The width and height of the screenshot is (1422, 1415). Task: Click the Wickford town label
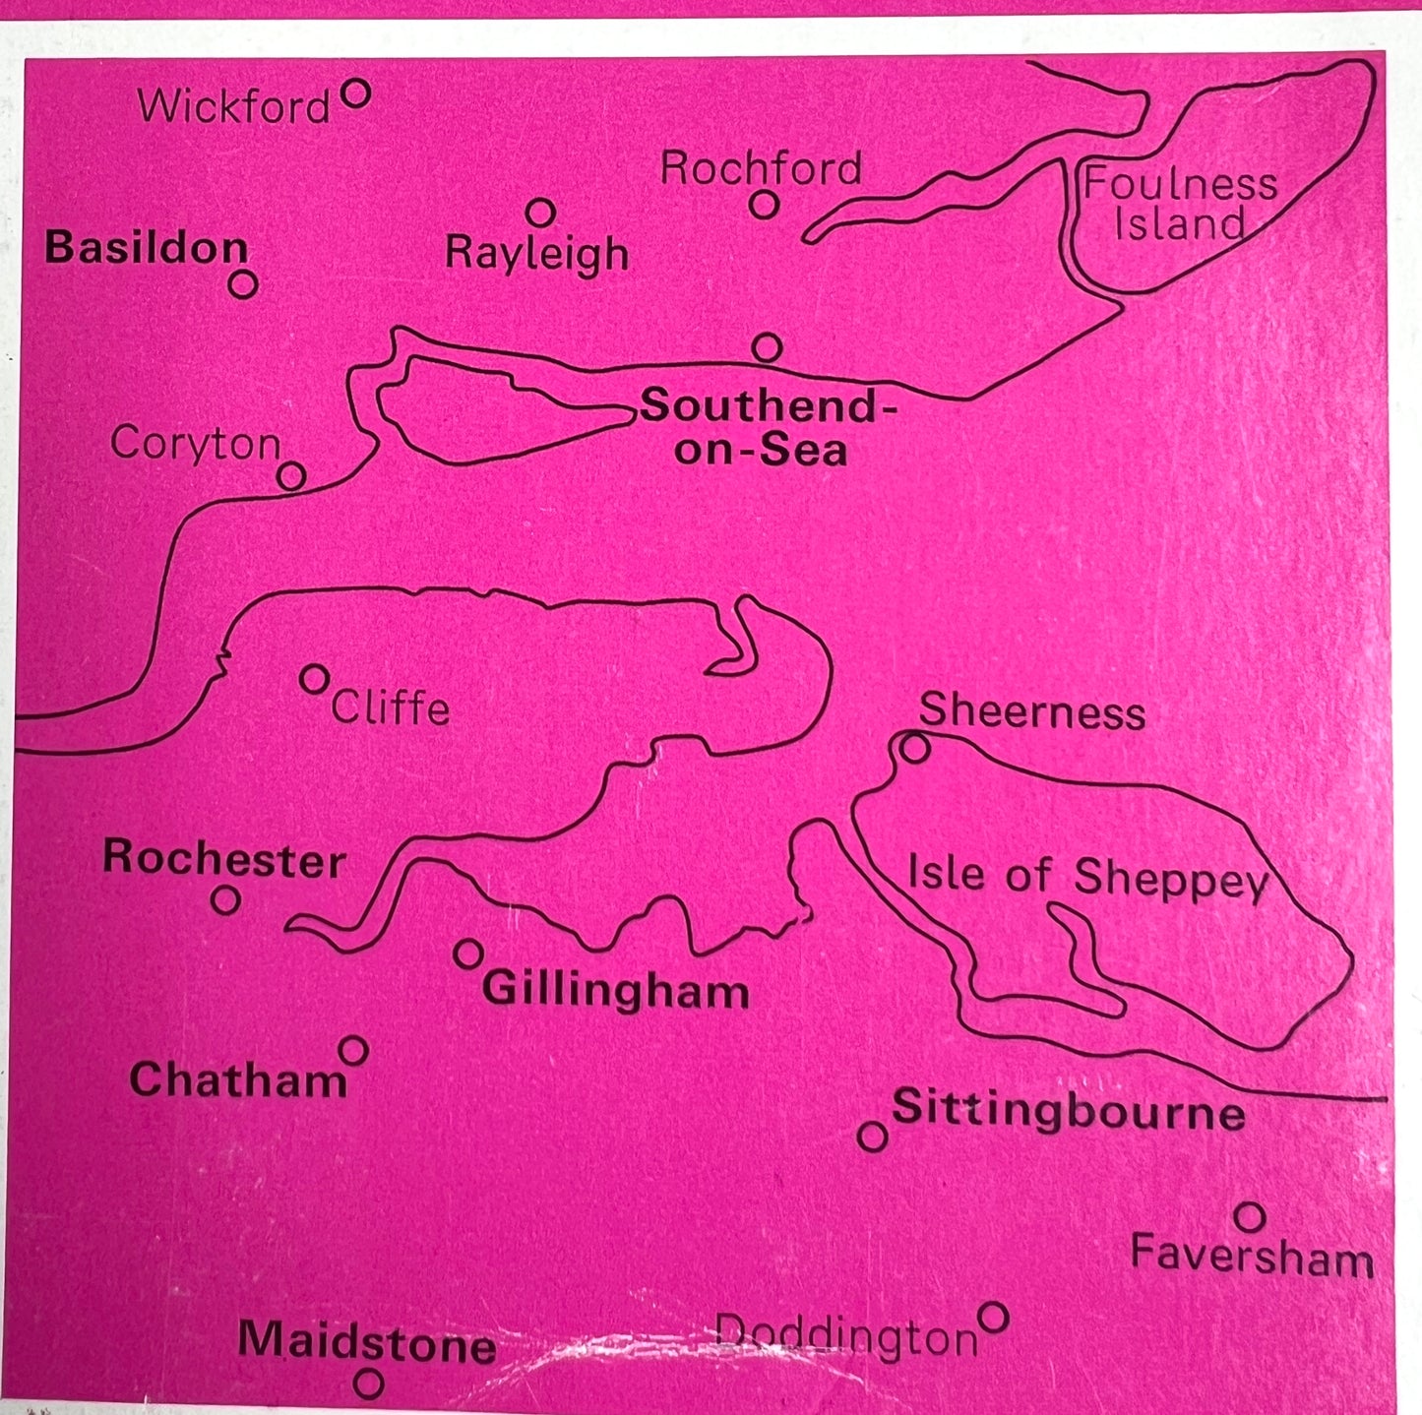tap(233, 105)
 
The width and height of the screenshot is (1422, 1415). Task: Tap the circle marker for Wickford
tap(355, 94)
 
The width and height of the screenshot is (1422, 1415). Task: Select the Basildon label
tap(146, 247)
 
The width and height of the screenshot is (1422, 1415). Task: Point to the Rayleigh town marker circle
tap(540, 212)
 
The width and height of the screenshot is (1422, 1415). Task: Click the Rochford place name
tap(761, 168)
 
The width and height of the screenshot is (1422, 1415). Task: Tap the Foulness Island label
tap(1180, 204)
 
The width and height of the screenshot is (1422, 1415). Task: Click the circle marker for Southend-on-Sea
tap(767, 347)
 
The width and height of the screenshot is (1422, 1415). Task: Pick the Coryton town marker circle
tap(291, 476)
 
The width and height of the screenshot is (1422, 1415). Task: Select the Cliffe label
tap(391, 707)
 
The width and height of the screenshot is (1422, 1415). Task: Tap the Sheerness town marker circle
tap(915, 749)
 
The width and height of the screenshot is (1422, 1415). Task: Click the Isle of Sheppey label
tap(1086, 876)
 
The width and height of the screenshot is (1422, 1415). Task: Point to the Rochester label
tap(224, 858)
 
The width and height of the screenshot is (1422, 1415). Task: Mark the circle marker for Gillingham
tap(468, 953)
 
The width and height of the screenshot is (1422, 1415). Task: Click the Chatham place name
tap(238, 1079)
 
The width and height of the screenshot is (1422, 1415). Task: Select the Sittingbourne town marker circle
tap(872, 1137)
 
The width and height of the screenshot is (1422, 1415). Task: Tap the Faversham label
tap(1252, 1257)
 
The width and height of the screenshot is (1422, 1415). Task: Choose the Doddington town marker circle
tap(994, 1317)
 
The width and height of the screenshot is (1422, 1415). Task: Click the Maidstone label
tap(366, 1341)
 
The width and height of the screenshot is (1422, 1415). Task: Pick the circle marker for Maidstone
tap(369, 1384)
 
